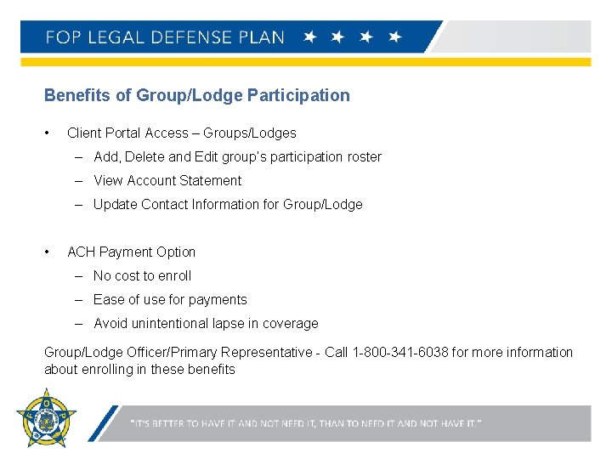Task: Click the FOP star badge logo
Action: [46, 418]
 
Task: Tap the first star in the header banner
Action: [310, 37]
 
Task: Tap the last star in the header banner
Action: [394, 37]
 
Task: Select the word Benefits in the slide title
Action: [77, 95]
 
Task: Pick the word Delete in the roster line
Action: [148, 156]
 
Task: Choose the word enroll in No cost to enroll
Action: [173, 275]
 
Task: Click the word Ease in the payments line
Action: [109, 299]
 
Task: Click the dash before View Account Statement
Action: [78, 180]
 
